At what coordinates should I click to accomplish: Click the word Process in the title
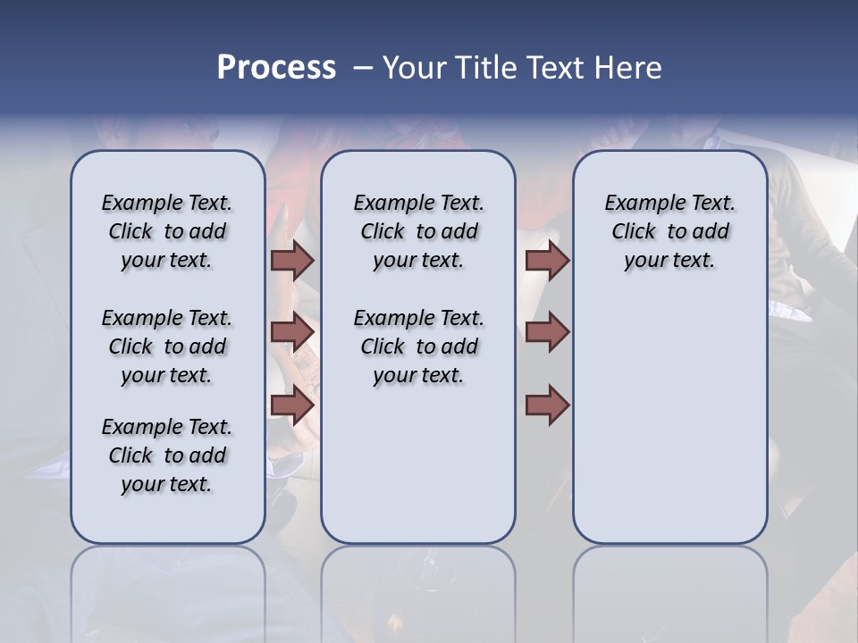click(x=275, y=68)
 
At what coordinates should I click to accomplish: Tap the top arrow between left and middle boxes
click(x=291, y=261)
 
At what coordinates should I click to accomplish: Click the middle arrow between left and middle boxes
click(x=291, y=332)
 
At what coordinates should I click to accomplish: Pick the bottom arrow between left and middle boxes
click(x=291, y=405)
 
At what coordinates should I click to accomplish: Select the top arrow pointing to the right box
click(x=547, y=261)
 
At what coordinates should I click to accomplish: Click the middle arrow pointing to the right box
click(x=547, y=332)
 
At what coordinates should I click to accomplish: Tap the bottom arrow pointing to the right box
click(x=547, y=405)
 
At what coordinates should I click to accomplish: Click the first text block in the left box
click(x=167, y=231)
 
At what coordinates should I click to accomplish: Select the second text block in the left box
click(x=167, y=347)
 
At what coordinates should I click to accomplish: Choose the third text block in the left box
click(x=167, y=455)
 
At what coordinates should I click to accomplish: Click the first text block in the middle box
click(x=418, y=231)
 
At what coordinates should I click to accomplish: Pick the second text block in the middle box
click(x=418, y=347)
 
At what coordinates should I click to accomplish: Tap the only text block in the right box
click(x=669, y=231)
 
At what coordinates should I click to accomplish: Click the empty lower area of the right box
click(x=669, y=420)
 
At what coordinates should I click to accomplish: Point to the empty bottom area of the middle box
click(x=418, y=473)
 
